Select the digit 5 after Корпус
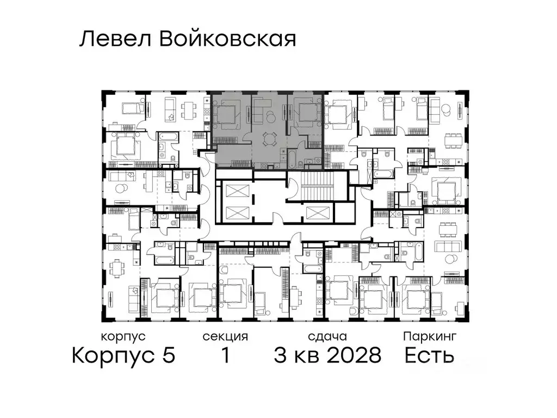[168, 356]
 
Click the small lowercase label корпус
[123, 336]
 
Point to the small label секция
[225, 336]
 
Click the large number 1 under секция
[225, 356]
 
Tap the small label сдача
[326, 336]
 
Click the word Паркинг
[429, 336]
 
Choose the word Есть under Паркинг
[429, 356]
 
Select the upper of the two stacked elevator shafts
[234, 191]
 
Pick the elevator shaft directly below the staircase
[317, 213]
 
